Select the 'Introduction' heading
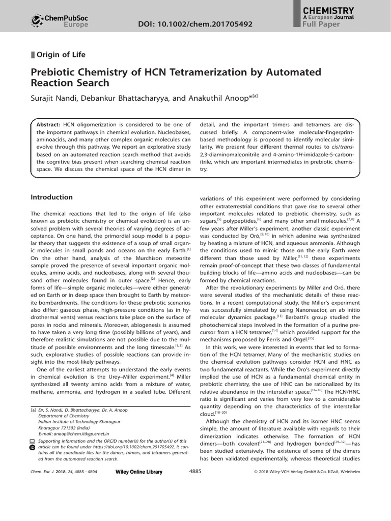51,197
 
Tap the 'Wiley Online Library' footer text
139,472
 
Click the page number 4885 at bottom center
195,471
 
